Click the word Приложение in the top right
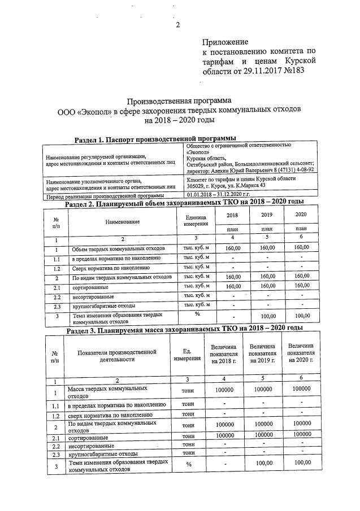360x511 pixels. pos(225,42)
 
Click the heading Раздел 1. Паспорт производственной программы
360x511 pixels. pos(155,139)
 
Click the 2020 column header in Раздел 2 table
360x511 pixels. pos(301,216)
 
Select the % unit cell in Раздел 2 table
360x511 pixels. pos(197,313)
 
